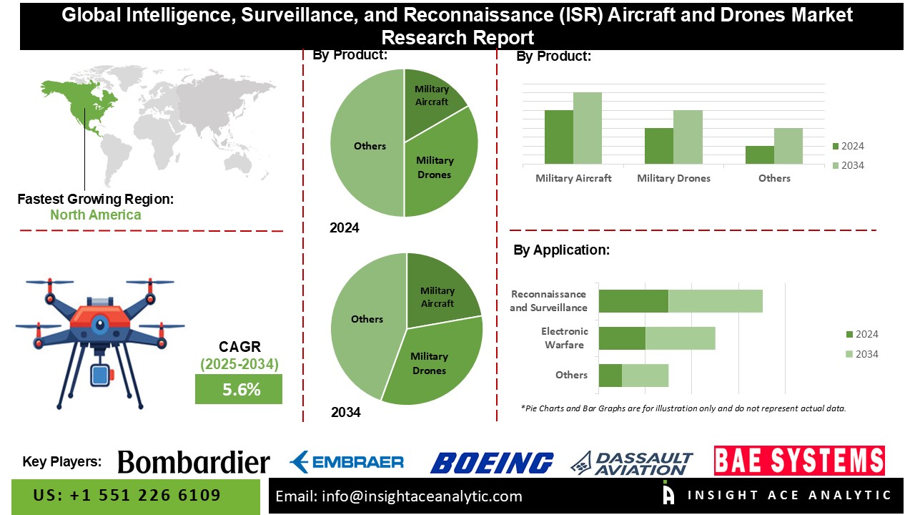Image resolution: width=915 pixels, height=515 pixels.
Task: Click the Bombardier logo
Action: [x=194, y=462]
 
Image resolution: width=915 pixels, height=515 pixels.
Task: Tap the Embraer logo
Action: [x=347, y=462]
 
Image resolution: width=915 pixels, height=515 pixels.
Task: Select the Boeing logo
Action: [x=492, y=463]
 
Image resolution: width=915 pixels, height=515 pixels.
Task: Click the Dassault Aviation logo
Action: [x=632, y=463]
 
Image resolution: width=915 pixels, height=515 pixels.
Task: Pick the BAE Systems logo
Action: [x=799, y=461]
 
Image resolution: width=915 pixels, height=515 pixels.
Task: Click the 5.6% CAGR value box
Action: [x=239, y=390]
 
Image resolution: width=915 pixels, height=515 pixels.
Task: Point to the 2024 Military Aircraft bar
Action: [x=559, y=137]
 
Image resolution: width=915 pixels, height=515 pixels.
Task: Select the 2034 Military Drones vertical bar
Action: [x=688, y=137]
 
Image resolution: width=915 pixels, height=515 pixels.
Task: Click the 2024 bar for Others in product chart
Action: [x=760, y=154]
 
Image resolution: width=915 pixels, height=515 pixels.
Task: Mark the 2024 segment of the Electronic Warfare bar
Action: [x=622, y=338]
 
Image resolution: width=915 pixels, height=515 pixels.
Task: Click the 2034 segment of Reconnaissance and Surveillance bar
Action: [x=715, y=301]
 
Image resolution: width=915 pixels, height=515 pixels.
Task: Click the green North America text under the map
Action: [x=95, y=215]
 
